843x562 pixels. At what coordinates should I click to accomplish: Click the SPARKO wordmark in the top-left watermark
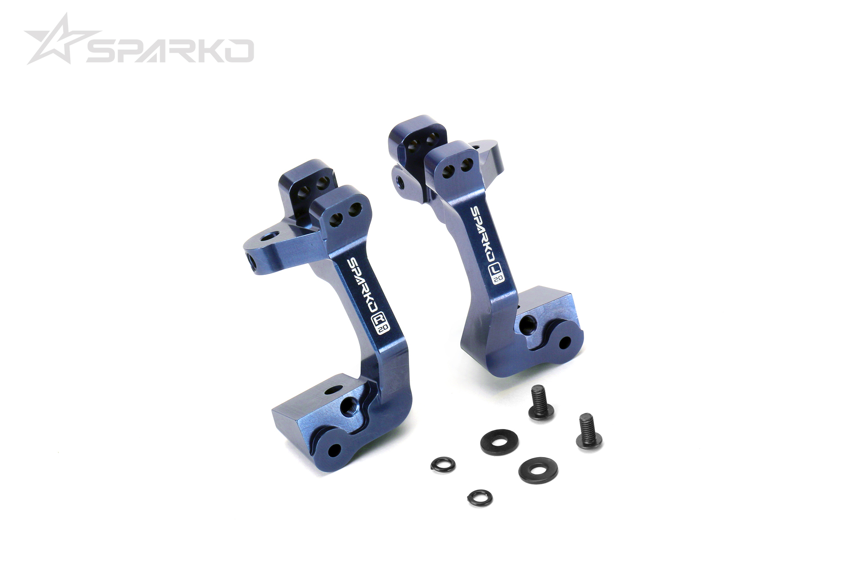pyautogui.click(x=170, y=50)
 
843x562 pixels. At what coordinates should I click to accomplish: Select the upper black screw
pyautogui.click(x=540, y=402)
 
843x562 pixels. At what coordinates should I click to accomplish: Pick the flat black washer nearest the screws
pyautogui.click(x=499, y=442)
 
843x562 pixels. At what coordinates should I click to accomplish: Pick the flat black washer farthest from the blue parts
pyautogui.click(x=538, y=471)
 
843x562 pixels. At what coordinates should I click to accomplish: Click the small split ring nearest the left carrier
pyautogui.click(x=443, y=465)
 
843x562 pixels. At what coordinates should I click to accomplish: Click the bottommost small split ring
pyautogui.click(x=479, y=497)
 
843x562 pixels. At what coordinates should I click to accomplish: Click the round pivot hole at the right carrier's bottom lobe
pyautogui.click(x=565, y=341)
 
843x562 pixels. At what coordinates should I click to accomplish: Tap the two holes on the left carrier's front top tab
pyautogui.click(x=346, y=213)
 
